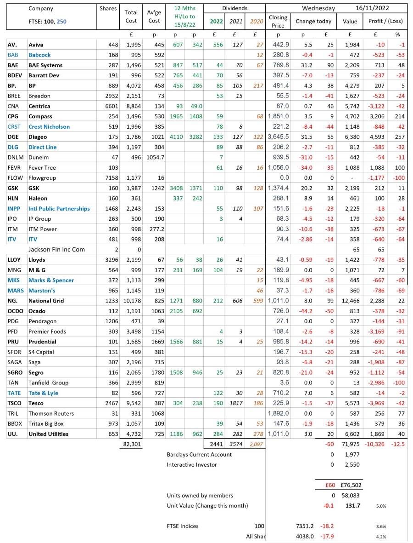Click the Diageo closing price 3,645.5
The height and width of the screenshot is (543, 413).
coord(278,137)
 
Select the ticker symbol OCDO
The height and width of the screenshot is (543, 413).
coord(16,311)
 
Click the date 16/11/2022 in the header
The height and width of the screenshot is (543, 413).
coord(374,8)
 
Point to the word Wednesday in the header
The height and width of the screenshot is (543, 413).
coord(318,8)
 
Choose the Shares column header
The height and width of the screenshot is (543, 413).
coord(108,8)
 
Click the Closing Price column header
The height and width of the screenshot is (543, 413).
coord(278,21)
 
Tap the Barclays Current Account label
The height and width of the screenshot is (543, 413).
coord(199,454)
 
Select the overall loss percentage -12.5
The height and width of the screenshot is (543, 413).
coord(397,444)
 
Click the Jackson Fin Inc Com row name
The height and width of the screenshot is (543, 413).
coord(57,250)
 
